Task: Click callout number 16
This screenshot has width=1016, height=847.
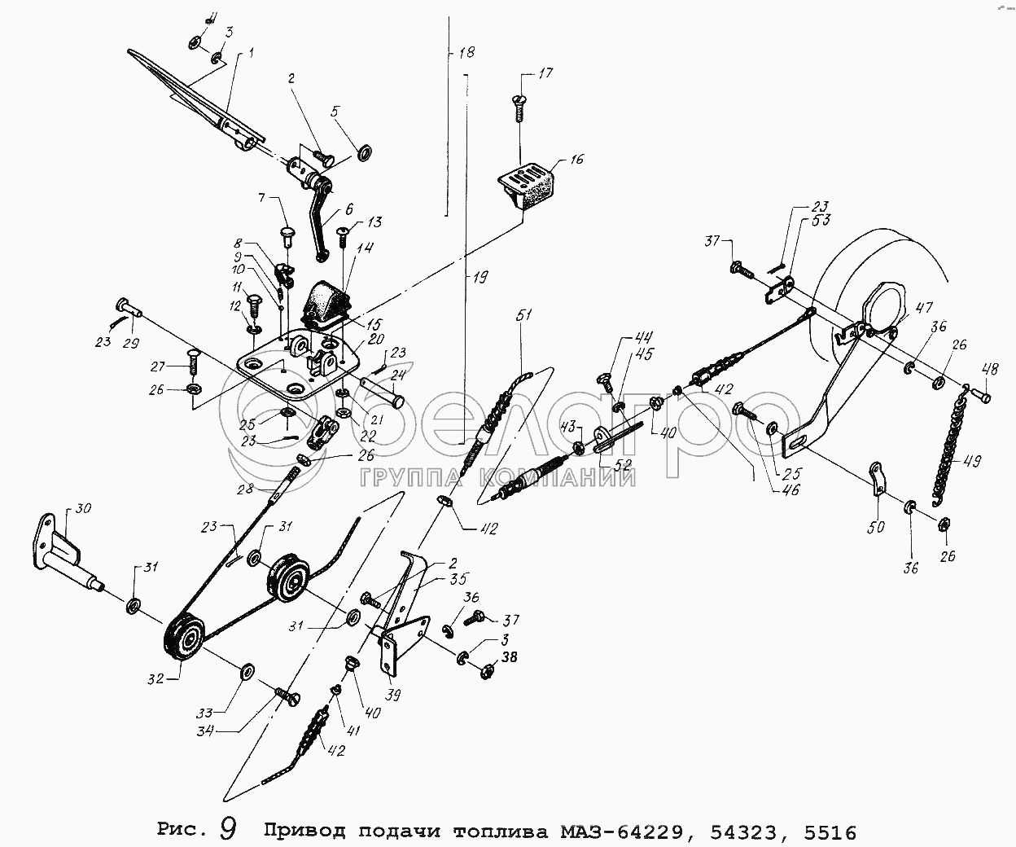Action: [576, 160]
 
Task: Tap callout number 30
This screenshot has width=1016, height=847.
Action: [84, 509]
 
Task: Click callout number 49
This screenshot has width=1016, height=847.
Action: [971, 461]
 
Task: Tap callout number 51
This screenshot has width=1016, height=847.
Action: [523, 316]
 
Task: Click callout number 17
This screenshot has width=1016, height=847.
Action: [545, 74]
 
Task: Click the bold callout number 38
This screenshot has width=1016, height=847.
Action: [509, 657]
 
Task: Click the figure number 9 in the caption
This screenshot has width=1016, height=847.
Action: [228, 829]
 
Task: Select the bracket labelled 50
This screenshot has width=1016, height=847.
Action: [877, 481]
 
